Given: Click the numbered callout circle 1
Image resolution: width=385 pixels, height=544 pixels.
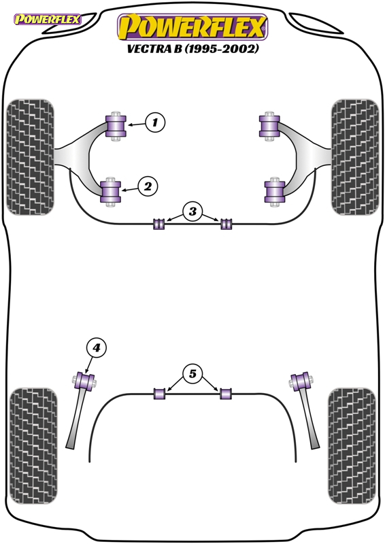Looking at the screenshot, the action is click(155, 122).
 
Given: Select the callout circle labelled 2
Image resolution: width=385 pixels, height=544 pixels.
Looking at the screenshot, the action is click(148, 186).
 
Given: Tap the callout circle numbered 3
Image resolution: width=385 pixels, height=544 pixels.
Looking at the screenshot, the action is click(192, 211).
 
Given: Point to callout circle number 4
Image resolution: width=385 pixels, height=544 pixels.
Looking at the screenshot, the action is click(96, 347).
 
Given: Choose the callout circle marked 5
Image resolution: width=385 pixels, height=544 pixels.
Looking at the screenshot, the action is click(192, 373).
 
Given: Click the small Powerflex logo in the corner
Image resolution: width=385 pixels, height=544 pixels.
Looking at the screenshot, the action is click(47, 19).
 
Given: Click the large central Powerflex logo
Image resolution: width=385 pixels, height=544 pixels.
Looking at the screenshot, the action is click(192, 27).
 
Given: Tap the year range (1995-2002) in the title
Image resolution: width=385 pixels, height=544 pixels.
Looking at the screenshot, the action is click(221, 49).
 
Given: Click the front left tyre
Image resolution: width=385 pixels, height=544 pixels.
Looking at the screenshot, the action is click(30, 157).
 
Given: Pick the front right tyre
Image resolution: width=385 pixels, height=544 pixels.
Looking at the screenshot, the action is click(355, 157).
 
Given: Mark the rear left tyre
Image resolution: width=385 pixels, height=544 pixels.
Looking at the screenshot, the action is click(33, 446).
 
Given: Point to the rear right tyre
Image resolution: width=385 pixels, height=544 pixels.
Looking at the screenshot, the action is click(352, 446).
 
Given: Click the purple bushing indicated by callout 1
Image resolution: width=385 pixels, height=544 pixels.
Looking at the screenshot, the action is click(116, 126).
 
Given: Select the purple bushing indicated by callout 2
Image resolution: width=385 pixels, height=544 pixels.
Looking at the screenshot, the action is click(110, 192).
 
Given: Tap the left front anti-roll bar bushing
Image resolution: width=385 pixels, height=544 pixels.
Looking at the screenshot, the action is click(158, 224).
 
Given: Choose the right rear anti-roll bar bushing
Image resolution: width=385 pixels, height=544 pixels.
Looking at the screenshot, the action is click(226, 394).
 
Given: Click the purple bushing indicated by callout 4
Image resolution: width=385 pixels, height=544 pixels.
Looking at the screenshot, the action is click(85, 381).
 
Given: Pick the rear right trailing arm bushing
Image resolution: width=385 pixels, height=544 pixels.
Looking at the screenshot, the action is click(301, 381).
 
